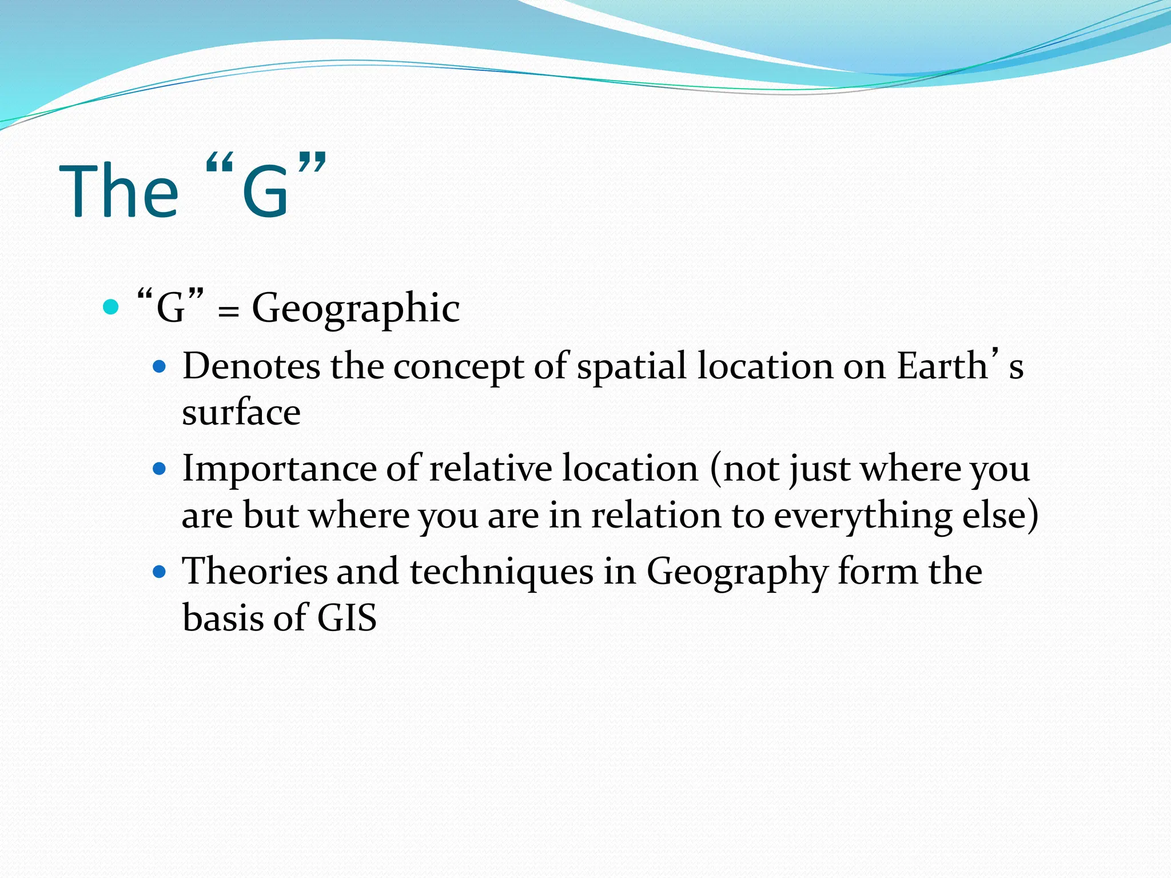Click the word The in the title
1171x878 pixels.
pyautogui.click(x=119, y=191)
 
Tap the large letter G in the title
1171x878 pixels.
pyautogui.click(x=265, y=192)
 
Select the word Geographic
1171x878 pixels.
pyautogui.click(x=356, y=309)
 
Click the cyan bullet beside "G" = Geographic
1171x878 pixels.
pyautogui.click(x=110, y=307)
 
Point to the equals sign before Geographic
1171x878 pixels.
pyautogui.click(x=228, y=313)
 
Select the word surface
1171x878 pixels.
pyautogui.click(x=241, y=412)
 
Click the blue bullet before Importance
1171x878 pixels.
pyautogui.click(x=160, y=469)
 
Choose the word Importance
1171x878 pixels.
pyautogui.click(x=279, y=469)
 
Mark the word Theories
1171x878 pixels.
pyautogui.click(x=254, y=571)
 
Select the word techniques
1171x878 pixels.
pyautogui.click(x=501, y=572)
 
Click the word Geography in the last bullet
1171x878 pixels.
pyautogui.click(x=737, y=572)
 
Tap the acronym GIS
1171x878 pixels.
pyautogui.click(x=346, y=618)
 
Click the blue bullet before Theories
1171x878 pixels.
pyautogui.click(x=160, y=572)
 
